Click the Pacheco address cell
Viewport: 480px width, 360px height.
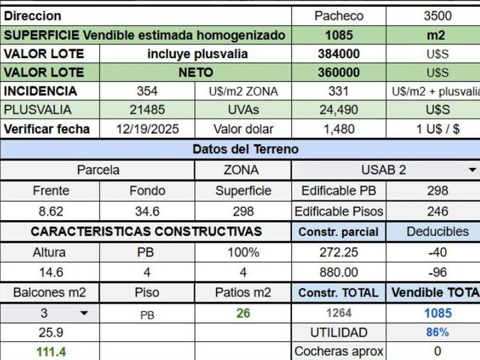[x=339, y=16]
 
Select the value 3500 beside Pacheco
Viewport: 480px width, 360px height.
[x=437, y=16]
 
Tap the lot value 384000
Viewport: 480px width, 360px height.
[x=339, y=54]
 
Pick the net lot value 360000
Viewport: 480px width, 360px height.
[x=339, y=73]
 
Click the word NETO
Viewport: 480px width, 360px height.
[x=195, y=73]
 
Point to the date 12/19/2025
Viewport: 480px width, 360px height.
[x=147, y=129]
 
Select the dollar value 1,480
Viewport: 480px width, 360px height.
[x=339, y=129]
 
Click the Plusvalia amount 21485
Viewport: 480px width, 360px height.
[x=147, y=110]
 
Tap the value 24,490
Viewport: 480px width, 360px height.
[x=339, y=110]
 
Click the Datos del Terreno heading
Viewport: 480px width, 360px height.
[x=245, y=150]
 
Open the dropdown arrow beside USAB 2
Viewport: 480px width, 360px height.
[x=472, y=170]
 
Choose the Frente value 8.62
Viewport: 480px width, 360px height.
[x=51, y=211]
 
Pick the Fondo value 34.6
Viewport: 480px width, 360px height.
[x=147, y=211]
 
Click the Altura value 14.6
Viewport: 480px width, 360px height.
[x=51, y=273]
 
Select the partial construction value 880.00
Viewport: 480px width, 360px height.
[x=339, y=273]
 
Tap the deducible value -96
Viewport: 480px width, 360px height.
[x=437, y=273]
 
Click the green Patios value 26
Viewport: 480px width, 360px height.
[x=243, y=313]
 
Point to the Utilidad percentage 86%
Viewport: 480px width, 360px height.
[x=437, y=333]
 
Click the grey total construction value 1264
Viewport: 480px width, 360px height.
[x=339, y=313]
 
